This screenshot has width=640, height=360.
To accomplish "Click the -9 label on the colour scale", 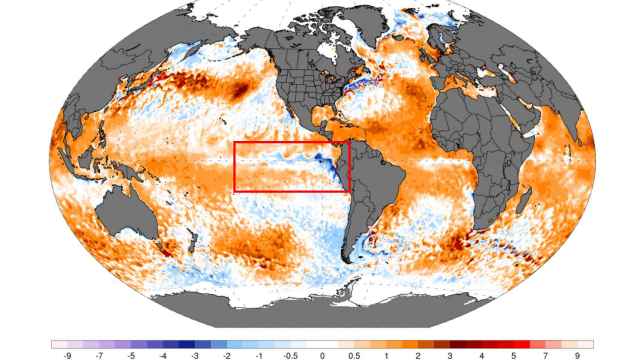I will pos(66,354).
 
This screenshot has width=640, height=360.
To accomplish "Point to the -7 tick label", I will pos(98,354).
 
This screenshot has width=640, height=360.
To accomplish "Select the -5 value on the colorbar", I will pos(130,354).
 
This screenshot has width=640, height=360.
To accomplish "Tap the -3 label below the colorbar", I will pos(195,354).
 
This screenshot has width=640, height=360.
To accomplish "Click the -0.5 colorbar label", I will pos(291,354).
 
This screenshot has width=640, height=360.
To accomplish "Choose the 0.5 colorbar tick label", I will pos(355,354).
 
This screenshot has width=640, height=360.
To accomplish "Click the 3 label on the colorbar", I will pos(451,354).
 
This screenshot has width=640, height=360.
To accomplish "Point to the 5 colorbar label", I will pos(515,354).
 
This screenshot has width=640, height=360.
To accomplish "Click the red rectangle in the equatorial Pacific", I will pos(292,166).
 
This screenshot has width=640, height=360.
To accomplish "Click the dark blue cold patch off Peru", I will pos(337,166).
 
